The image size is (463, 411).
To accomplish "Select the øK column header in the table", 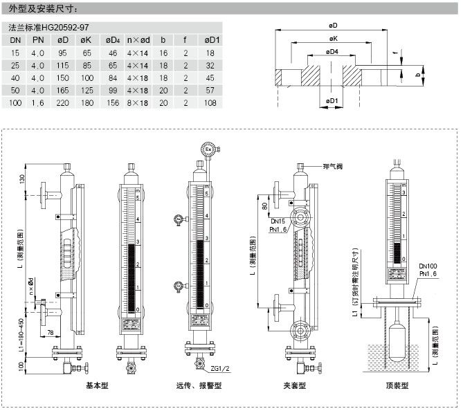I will click(x=87, y=40).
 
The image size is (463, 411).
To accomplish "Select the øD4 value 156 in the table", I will click(x=112, y=102).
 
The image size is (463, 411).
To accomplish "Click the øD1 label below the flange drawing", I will click(x=332, y=101).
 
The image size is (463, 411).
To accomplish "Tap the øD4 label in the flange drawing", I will click(x=332, y=52).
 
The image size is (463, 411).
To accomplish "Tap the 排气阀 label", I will click(x=333, y=167).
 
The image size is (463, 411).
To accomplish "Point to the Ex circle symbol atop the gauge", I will click(x=207, y=149).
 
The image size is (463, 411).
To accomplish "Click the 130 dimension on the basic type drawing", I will click(x=21, y=179).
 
